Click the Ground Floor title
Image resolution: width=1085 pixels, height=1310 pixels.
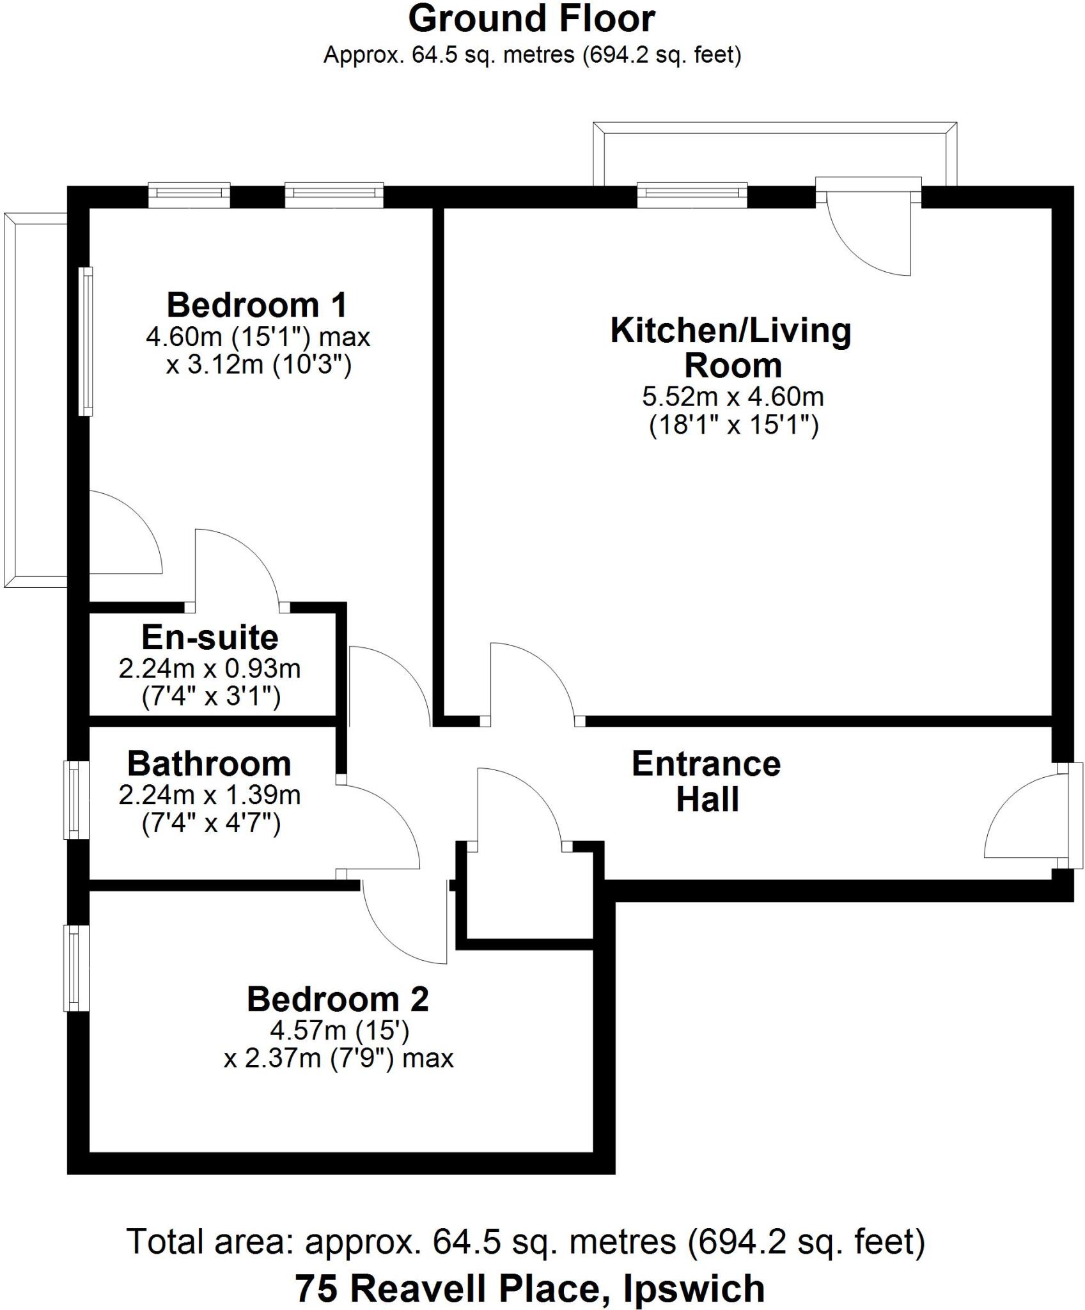pos(531,19)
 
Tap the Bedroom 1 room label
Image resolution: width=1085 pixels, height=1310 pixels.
pos(257,305)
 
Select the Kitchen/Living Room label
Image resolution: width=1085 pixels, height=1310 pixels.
pos(731,348)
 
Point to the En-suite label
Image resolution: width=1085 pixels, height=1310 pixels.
pos(210,637)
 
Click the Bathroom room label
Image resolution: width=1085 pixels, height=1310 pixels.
pos(209,764)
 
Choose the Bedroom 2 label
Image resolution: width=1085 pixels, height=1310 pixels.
pos(338,999)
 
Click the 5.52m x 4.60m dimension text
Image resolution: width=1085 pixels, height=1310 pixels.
pos(733,397)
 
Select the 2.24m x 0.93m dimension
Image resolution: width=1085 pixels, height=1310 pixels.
pos(210,669)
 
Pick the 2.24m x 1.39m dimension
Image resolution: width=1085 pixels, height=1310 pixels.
pos(210,795)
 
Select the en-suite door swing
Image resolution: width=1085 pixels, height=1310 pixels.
pos(237,566)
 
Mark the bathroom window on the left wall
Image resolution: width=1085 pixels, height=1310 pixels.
pos(75,799)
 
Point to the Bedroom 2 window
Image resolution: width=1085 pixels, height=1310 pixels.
pos(75,968)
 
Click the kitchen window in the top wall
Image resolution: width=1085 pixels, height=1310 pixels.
pos(692,195)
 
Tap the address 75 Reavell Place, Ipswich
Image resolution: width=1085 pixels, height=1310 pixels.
pos(530,1288)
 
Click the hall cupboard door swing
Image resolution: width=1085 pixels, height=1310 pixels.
pos(518,809)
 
